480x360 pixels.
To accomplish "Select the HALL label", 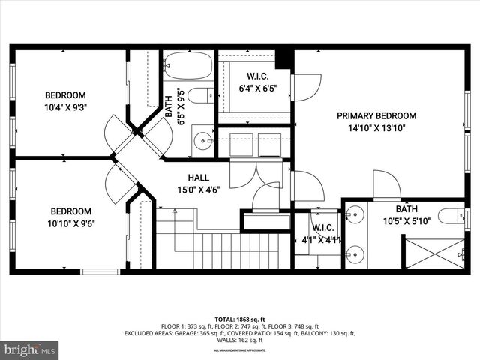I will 198,177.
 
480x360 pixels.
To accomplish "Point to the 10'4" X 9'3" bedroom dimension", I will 65,107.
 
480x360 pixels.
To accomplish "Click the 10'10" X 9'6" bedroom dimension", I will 71,223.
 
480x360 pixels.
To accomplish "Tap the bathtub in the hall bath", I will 188,65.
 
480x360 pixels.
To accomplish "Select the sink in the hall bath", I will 202,140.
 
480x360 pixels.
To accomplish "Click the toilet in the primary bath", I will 452,217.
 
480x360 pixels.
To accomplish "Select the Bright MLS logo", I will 30,349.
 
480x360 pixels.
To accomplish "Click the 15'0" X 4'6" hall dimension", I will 198,190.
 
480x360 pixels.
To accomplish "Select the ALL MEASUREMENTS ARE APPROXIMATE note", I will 240,350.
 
